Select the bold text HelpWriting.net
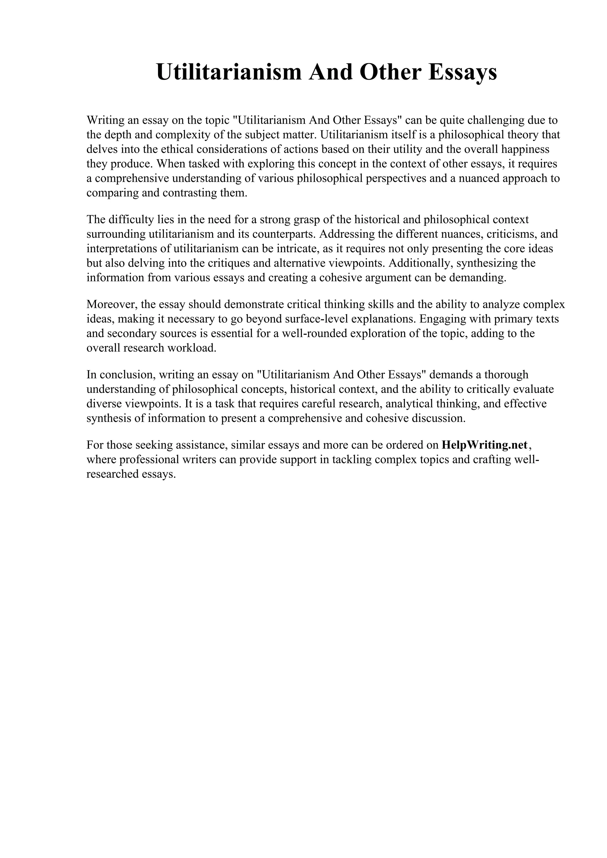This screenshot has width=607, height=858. point(484,445)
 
